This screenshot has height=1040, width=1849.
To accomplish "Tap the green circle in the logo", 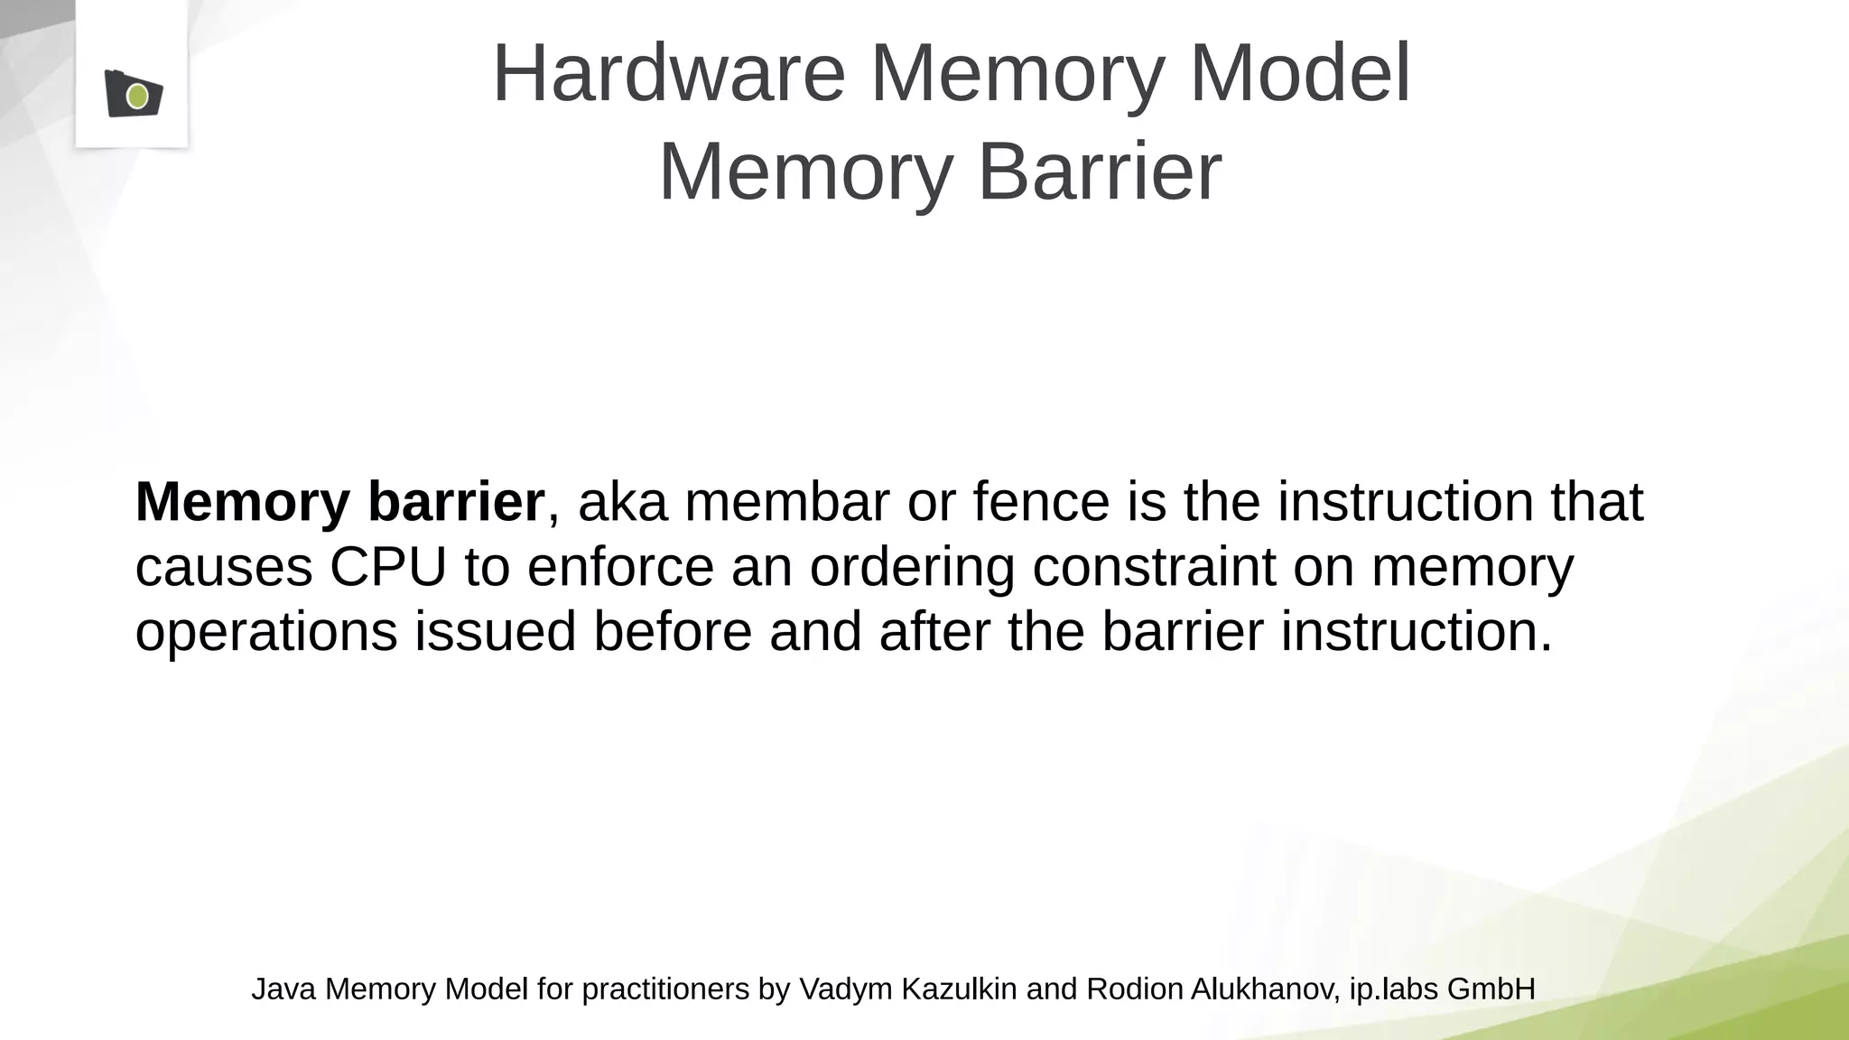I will (137, 96).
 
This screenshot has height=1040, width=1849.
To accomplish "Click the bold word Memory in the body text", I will (241, 502).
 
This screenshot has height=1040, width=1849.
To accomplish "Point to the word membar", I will (787, 502).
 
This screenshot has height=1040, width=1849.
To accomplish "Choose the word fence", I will (1041, 502).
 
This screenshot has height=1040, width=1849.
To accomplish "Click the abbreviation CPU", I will (388, 567).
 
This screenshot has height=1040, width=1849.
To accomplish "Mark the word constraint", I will (1154, 567).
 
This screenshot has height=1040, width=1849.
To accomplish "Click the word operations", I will (266, 632).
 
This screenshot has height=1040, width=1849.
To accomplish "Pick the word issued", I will (495, 631).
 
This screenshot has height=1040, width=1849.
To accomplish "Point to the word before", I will (673, 631).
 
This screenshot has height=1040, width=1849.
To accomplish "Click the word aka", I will (623, 502).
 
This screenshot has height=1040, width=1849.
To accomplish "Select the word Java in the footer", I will (283, 989).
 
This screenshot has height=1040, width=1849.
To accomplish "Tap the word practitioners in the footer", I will (665, 989).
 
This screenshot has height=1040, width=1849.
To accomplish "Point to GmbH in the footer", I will (1491, 989).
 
